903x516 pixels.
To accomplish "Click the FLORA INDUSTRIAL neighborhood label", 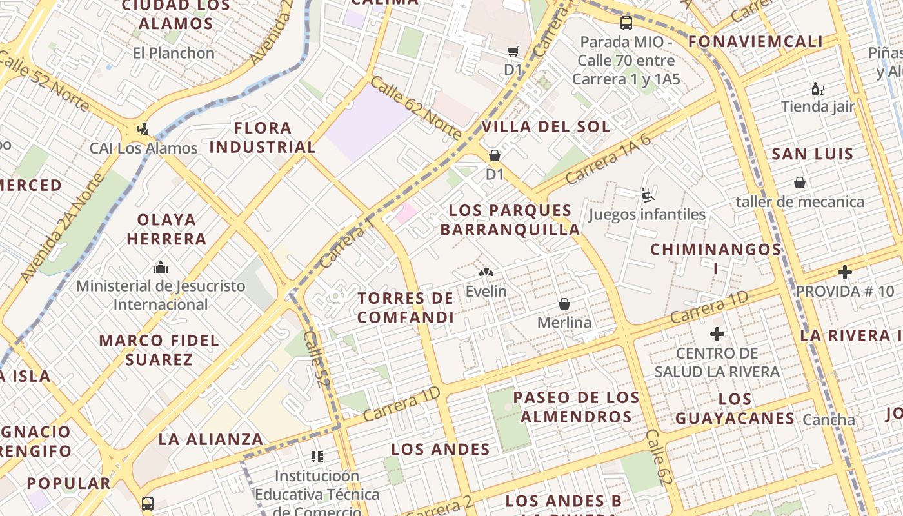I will (263, 137).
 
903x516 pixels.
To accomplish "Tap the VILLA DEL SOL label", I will (546, 126).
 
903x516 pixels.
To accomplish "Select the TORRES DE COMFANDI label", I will (406, 308).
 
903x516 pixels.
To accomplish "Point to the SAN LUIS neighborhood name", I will (813, 154).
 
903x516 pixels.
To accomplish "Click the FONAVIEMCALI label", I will (755, 42).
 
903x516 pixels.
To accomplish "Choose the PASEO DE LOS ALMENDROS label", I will (577, 406).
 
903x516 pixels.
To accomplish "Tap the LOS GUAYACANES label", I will (735, 409).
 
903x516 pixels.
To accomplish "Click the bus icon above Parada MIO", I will (626, 23).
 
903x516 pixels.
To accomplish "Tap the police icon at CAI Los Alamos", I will (143, 129).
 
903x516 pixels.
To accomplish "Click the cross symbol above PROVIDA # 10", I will (844, 272).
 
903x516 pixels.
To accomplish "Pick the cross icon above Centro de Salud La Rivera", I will (717, 334).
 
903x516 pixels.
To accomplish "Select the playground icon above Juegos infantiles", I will (647, 195).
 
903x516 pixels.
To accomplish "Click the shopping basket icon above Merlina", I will (564, 303).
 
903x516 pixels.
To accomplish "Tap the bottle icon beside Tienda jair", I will (817, 88).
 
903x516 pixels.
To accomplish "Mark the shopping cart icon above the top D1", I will (513, 51).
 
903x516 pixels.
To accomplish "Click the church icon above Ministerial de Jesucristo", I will (161, 266).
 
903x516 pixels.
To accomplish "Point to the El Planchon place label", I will (174, 53).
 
